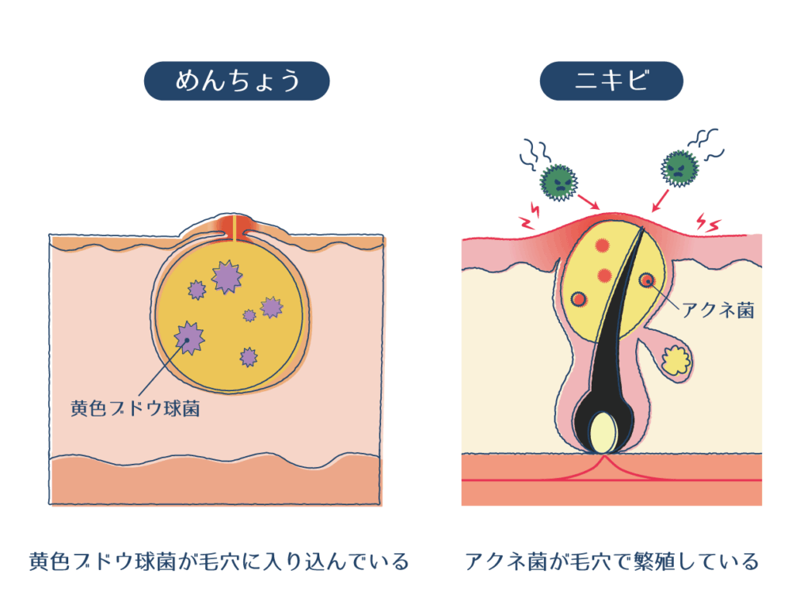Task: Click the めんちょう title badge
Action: click(236, 81)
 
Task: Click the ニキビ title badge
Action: click(611, 81)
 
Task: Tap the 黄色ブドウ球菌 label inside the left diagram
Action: click(135, 410)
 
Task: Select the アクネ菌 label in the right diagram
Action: click(718, 310)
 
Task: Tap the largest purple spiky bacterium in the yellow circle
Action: click(227, 276)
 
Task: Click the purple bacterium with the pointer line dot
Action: click(188, 338)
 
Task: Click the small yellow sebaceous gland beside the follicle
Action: click(676, 360)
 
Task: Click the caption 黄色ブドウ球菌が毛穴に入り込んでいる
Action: click(219, 562)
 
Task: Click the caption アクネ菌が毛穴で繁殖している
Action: click(611, 562)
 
